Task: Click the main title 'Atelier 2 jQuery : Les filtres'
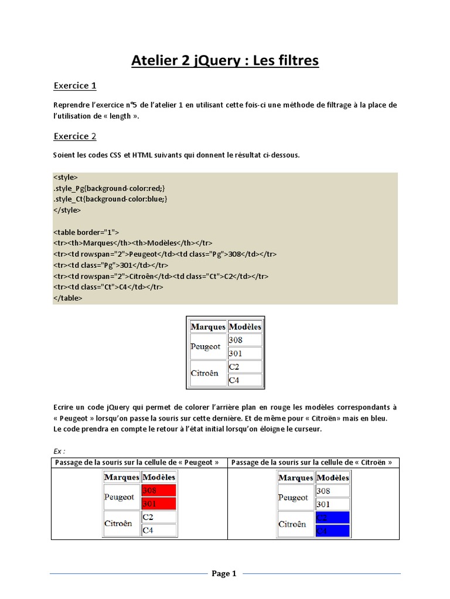[225, 60]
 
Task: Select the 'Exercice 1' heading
[75, 86]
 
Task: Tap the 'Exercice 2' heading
[75, 136]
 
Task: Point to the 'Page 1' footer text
[224, 573]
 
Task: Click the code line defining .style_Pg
[110, 188]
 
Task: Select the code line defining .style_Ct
[110, 199]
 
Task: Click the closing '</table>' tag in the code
[68, 298]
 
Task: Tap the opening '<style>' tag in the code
[65, 177]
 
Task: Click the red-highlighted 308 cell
[159, 491]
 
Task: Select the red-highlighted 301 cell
[159, 503]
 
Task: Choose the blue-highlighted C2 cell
[332, 517]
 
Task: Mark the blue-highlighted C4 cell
[332, 530]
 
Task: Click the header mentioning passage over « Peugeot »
[139, 463]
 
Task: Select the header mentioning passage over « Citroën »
[312, 463]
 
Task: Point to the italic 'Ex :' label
[59, 452]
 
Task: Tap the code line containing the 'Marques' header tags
[132, 243]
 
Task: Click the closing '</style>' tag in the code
[67, 210]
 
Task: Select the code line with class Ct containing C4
[108, 287]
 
